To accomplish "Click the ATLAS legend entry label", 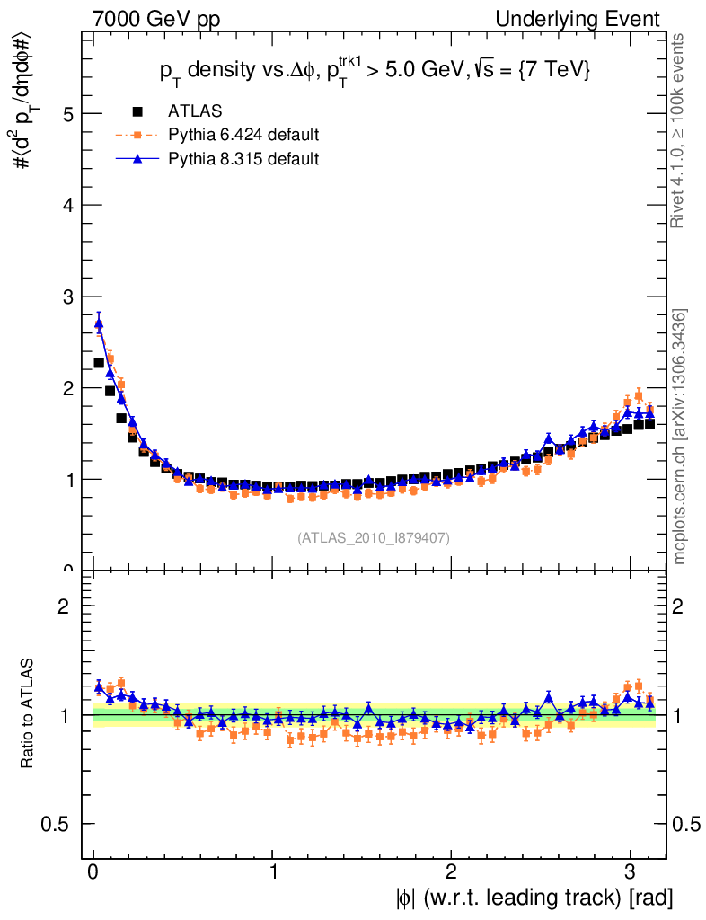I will click(195, 111).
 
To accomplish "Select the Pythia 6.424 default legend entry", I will click(243, 135).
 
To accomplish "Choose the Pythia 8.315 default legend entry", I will click(243, 158).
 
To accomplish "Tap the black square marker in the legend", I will click(137, 111).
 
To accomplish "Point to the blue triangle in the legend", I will click(137, 158).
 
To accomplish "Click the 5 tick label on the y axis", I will click(67, 114).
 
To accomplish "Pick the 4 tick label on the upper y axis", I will click(67, 206).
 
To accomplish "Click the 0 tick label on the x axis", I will click(93, 871).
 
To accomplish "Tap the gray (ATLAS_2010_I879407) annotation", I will click(374, 537).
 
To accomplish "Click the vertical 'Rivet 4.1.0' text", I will click(680, 130).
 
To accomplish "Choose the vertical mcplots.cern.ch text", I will click(680, 437).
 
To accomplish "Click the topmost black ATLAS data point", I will click(99, 363).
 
